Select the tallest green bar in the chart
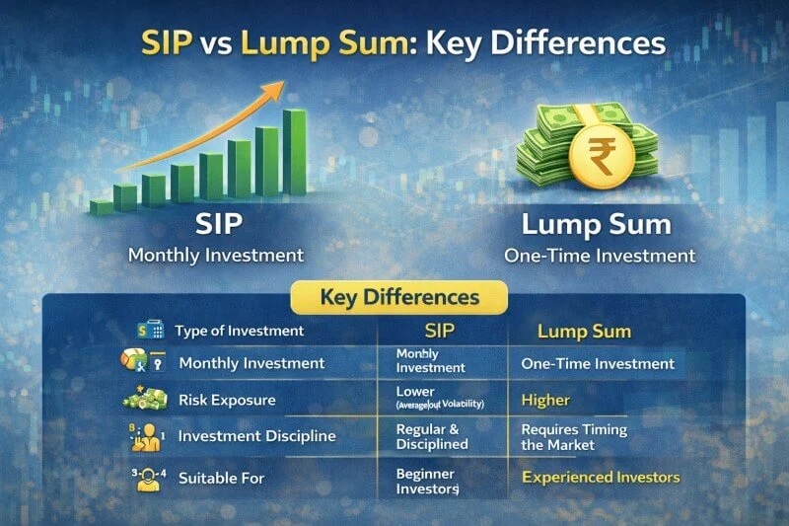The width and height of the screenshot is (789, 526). tap(294, 150)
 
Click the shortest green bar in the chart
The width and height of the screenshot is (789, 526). tap(102, 207)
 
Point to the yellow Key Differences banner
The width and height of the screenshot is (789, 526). tap(399, 297)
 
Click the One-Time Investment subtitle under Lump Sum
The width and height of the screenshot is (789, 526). tap(599, 256)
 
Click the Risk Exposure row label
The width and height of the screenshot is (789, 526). tap(227, 401)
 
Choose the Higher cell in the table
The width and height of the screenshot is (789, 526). tap(545, 400)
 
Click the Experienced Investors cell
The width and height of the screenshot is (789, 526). tap(601, 477)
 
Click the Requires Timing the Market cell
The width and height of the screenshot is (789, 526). tap(574, 437)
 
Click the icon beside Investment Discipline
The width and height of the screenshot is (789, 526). tap(146, 435)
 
